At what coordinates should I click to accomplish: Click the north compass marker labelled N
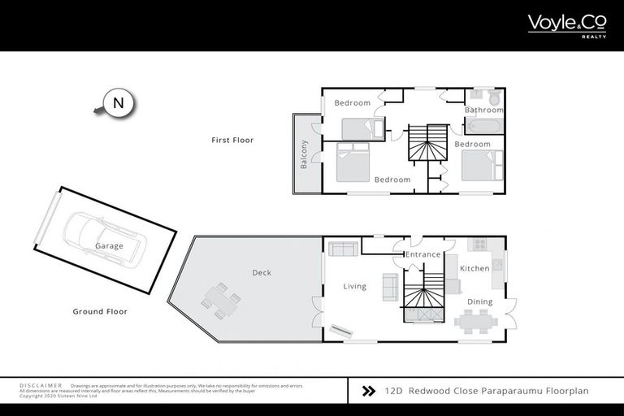click(119, 103)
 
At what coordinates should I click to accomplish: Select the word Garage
click(109, 246)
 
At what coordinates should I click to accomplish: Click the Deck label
click(261, 273)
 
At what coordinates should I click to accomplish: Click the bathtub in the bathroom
click(483, 126)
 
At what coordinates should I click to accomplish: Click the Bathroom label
click(483, 110)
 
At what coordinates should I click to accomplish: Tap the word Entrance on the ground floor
click(422, 254)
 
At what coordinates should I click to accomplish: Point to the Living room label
click(354, 286)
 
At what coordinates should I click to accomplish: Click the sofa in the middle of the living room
click(390, 287)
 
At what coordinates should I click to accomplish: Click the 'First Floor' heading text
click(232, 140)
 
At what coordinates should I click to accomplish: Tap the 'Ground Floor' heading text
click(100, 311)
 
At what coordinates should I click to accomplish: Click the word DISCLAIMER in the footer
click(40, 385)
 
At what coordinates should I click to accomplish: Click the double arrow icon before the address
click(367, 391)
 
